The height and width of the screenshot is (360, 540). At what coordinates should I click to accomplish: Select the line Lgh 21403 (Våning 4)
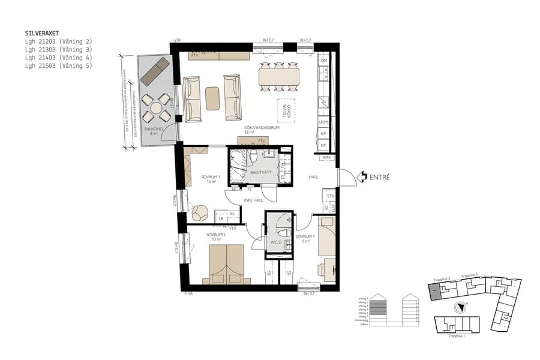[x=58, y=58]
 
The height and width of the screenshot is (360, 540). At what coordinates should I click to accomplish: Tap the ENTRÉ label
[x=379, y=177]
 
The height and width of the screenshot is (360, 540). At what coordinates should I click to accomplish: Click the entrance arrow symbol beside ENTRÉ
[x=362, y=177]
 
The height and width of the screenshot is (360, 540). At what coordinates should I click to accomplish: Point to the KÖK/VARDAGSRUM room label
[x=262, y=128]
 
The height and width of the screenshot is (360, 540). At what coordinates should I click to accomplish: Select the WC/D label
[x=276, y=242]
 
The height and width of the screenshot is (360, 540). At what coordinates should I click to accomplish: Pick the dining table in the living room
[x=279, y=76]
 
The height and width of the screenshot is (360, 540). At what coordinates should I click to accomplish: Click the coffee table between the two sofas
[x=213, y=98]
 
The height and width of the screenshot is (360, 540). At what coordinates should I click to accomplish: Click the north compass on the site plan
[x=460, y=307]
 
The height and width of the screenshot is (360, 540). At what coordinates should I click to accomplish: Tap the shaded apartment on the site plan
[x=434, y=292]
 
